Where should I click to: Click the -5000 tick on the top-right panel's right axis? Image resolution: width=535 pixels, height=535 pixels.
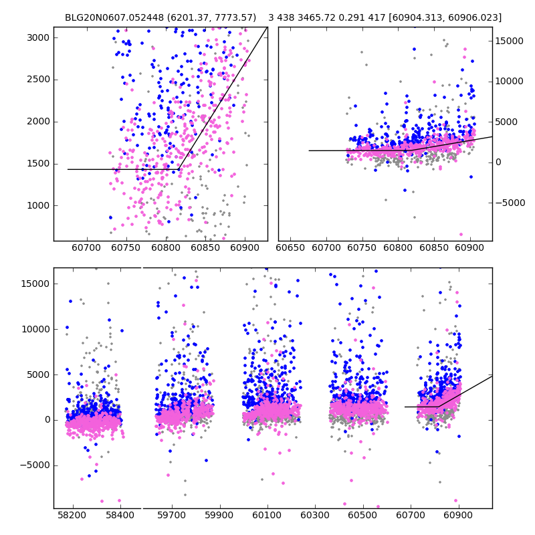[509, 203]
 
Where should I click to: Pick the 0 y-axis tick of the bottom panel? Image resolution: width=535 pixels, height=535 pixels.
[46, 420]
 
